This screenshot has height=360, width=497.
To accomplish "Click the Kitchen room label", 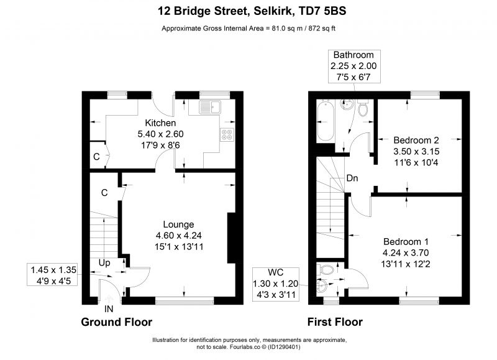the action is [160, 122].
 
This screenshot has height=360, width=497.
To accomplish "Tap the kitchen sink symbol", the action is [210, 107].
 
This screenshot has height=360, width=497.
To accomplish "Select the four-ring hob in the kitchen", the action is [227, 134].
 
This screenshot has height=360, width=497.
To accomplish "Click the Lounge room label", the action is [178, 224].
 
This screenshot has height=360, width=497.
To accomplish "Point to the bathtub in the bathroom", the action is [326, 121].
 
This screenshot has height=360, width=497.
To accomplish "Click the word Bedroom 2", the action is [416, 140].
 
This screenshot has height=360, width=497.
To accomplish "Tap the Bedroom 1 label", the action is [406, 242].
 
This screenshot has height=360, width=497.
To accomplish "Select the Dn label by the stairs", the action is [352, 178].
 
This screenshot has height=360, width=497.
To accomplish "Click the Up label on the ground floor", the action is [104, 263].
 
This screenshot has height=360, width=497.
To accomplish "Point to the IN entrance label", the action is [109, 308].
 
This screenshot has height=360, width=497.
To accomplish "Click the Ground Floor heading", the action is [117, 322].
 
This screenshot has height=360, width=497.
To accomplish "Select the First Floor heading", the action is [335, 322].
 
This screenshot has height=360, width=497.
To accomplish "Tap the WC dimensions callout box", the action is [276, 284].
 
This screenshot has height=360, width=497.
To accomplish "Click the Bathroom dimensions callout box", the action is [353, 66].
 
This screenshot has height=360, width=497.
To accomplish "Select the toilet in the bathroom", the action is [363, 108].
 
